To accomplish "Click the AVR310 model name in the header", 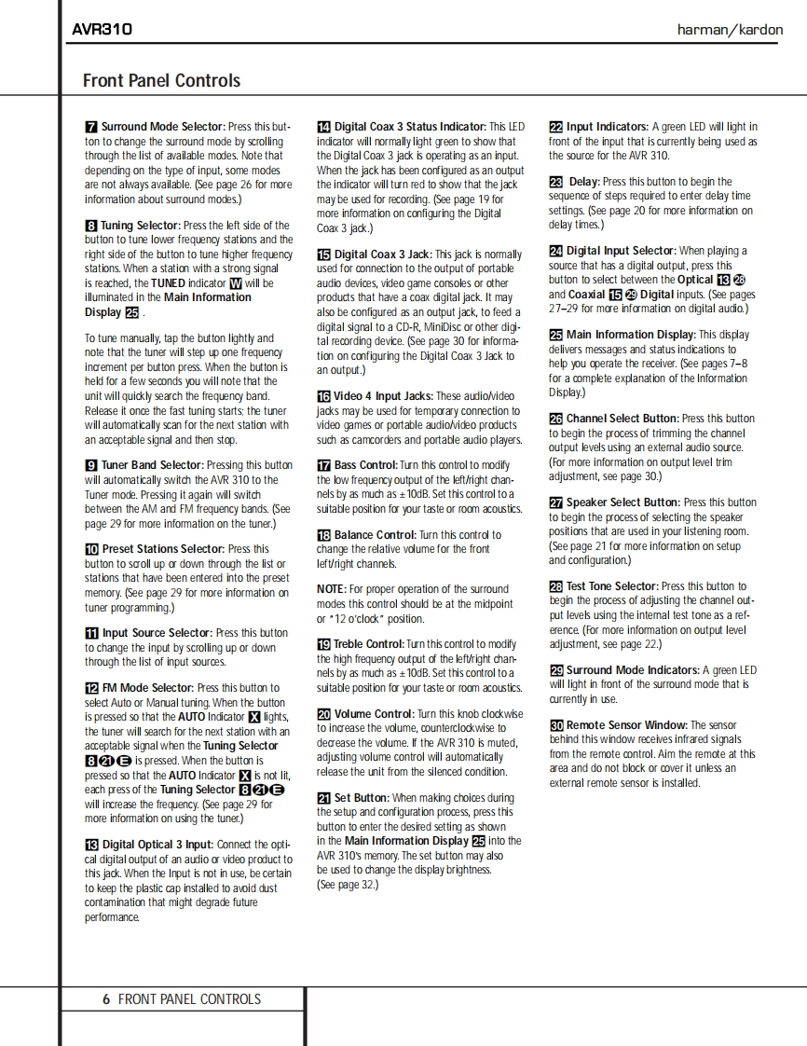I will click(x=103, y=29).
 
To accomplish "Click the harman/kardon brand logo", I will click(x=730, y=29).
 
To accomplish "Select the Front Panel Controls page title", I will click(x=161, y=80).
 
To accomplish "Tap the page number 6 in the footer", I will click(x=106, y=998).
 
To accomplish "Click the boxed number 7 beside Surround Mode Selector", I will click(x=91, y=127).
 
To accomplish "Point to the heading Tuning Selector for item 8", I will click(x=141, y=226).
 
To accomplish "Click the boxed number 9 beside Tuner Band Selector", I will click(x=91, y=465).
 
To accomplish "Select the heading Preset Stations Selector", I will click(x=163, y=549).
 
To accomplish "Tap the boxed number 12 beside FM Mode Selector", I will click(x=91, y=688).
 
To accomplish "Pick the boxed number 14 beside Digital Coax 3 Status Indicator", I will click(x=323, y=127).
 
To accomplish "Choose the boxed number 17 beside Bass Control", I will click(x=323, y=465).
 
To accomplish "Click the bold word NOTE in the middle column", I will click(x=331, y=589).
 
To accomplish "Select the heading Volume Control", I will click(x=374, y=714).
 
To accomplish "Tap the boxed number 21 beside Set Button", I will click(x=323, y=798).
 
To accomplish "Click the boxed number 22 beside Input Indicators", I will click(x=555, y=127).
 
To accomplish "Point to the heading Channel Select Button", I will click(x=622, y=419).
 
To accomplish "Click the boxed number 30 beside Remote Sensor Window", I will click(x=555, y=725).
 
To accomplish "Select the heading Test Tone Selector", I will click(x=611, y=586).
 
